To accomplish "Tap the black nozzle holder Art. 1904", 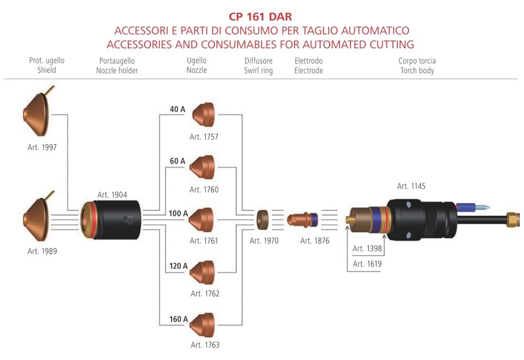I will pos(111,220).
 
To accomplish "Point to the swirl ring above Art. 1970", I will pos(263,220).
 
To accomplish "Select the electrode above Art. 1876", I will pos(301,220).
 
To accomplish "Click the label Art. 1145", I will pos(411,186).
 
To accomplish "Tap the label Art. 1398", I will pos(367,249).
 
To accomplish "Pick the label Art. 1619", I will pos(367,264).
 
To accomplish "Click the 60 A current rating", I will pos(177,161).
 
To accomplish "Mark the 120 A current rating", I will pos(178,266).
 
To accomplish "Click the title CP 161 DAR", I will pos(260,17).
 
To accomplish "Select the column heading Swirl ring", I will pos(258,70).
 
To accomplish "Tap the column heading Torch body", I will pos(418,70).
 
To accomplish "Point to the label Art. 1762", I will pos(205,293).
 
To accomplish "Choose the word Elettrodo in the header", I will pos(308,61).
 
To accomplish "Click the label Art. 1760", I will pos(204,190).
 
